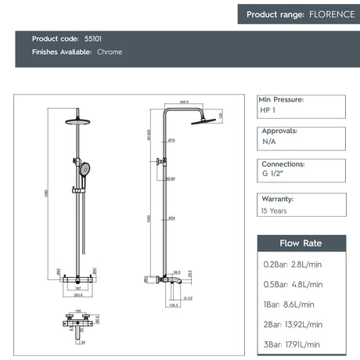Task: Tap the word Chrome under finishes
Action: coord(110,52)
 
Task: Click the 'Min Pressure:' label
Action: coord(281,100)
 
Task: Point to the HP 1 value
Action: coord(268,111)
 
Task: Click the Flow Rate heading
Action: coord(301,243)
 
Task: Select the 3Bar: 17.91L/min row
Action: coord(292,344)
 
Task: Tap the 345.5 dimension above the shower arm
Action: coord(185,102)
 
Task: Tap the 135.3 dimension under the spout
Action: coord(175,305)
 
